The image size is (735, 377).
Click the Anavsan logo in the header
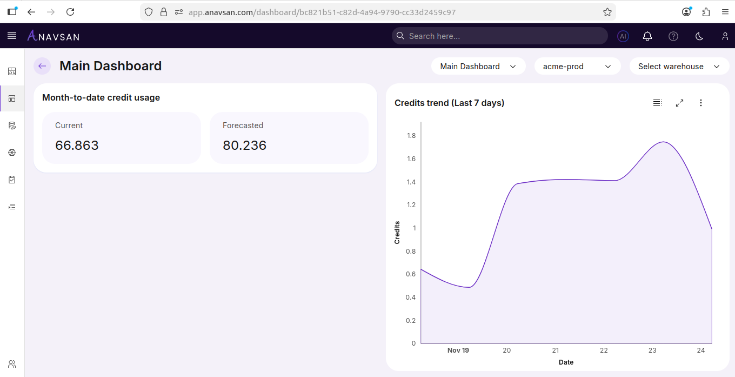pyautogui.click(x=54, y=36)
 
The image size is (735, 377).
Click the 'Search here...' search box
pyautogui.click(x=499, y=36)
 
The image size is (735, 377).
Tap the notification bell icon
pyautogui.click(x=647, y=36)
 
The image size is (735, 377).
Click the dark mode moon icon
pyautogui.click(x=699, y=36)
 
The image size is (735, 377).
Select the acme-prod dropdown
pyautogui.click(x=577, y=67)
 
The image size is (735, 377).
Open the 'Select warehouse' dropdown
pyautogui.click(x=679, y=67)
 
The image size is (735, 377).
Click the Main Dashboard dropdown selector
pyautogui.click(x=478, y=67)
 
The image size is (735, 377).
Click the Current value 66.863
pyautogui.click(x=77, y=145)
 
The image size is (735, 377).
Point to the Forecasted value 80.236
pyautogui.click(x=244, y=145)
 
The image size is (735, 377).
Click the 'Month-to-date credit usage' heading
pyautogui.click(x=101, y=98)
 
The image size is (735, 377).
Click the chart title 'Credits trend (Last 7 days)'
pyautogui.click(x=449, y=103)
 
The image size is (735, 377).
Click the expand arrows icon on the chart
pyautogui.click(x=679, y=103)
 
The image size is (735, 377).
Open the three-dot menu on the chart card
pyautogui.click(x=701, y=103)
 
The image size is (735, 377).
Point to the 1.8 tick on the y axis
pyautogui.click(x=411, y=136)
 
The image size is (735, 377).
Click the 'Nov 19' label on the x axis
pyautogui.click(x=458, y=350)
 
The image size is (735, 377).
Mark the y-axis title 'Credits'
pyautogui.click(x=397, y=233)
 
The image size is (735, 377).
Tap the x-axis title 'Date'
pyautogui.click(x=566, y=362)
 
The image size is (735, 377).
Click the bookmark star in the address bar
pyautogui.click(x=607, y=12)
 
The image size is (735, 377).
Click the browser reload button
pyautogui.click(x=70, y=12)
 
